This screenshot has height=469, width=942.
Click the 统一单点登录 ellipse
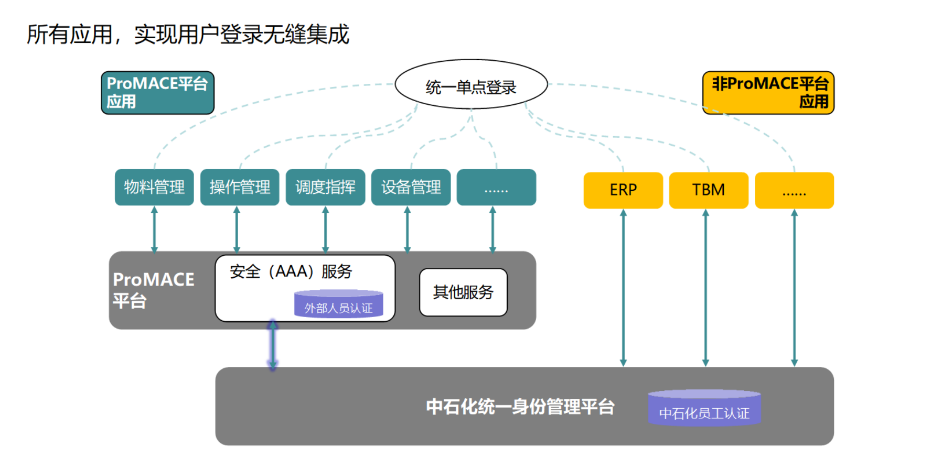(471, 84)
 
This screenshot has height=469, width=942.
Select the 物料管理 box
(154, 187)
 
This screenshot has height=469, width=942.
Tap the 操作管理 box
(240, 187)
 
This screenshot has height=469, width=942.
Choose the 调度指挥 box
(325, 187)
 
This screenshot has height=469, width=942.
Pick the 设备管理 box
(411, 187)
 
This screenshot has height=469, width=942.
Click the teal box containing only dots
(496, 187)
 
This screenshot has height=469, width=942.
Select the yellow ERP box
(623, 190)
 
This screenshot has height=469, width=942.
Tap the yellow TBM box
(709, 190)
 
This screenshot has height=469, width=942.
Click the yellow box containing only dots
(794, 190)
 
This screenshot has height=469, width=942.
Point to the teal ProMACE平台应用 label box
(157, 93)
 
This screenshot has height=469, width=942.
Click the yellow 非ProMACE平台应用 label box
(768, 93)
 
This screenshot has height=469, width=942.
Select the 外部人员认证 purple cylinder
(338, 303)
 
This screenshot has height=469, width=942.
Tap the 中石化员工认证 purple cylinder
(704, 407)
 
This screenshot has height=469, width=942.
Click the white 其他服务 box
(463, 292)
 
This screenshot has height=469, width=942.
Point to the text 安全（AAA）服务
(291, 271)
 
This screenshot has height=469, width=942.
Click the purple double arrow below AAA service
(273, 345)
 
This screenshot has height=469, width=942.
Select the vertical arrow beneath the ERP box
(623, 288)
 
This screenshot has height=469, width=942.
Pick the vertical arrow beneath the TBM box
(705, 288)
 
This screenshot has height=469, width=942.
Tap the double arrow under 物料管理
(154, 230)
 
